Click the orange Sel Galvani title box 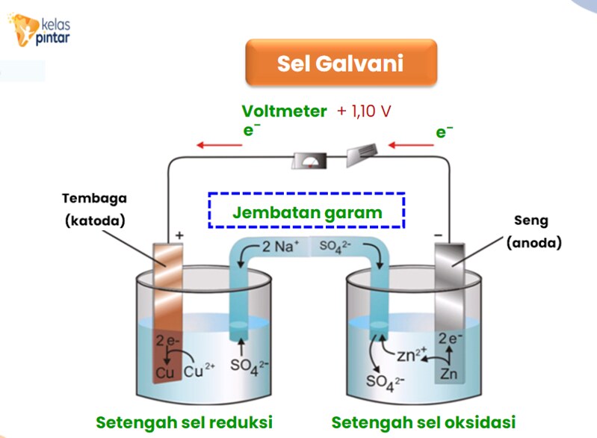341,62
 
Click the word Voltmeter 284,111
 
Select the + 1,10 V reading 364,111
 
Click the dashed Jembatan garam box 306,211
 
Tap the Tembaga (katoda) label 94,210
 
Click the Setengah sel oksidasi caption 424,422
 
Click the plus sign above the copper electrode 179,235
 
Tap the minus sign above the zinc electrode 438,235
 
